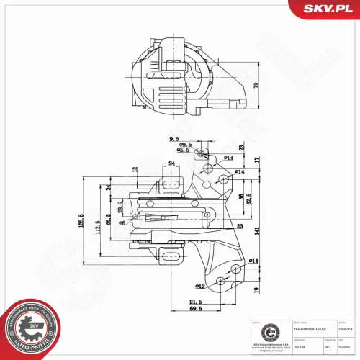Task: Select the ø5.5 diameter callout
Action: pyautogui.click(x=183, y=150)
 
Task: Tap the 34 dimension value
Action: pyautogui.click(x=108, y=188)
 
